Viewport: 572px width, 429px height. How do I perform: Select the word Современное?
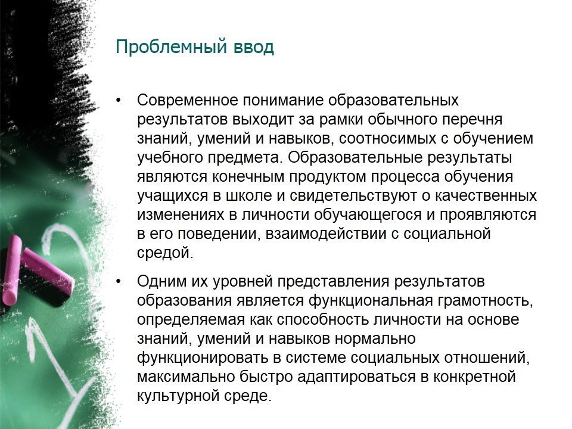click(188, 100)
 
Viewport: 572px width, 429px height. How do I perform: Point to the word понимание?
click(283, 100)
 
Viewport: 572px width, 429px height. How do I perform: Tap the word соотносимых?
click(388, 138)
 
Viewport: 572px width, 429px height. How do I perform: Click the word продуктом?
click(328, 176)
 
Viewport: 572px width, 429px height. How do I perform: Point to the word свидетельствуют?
click(353, 195)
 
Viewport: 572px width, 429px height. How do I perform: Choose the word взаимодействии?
click(326, 234)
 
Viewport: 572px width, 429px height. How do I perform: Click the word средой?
click(165, 253)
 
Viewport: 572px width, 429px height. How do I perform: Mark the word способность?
click(323, 319)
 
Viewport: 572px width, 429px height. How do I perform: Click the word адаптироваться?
click(356, 377)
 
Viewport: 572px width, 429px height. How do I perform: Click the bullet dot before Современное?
click(118, 100)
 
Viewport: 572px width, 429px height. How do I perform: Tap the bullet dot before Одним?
click(118, 282)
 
